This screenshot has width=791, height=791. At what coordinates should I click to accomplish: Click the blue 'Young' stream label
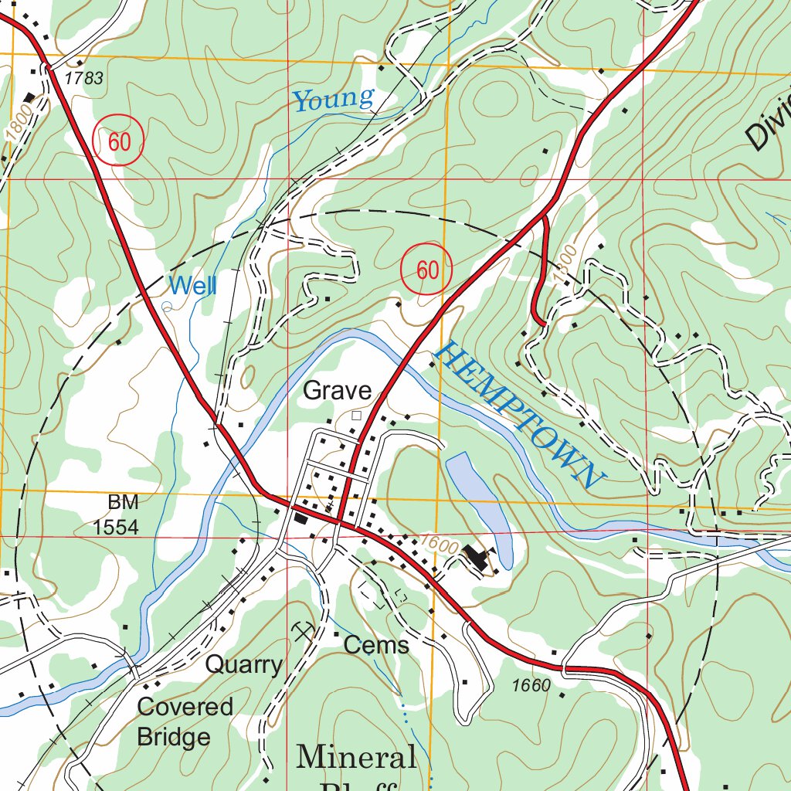pyautogui.click(x=334, y=99)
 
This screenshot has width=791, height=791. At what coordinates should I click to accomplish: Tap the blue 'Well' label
pyautogui.click(x=192, y=286)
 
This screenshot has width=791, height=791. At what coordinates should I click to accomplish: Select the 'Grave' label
pyautogui.click(x=337, y=391)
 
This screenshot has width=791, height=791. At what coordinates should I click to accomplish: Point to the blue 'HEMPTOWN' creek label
pyautogui.click(x=518, y=416)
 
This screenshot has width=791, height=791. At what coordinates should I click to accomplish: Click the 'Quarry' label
pyautogui.click(x=243, y=664)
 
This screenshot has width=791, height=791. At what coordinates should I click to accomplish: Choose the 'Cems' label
pyautogui.click(x=376, y=645)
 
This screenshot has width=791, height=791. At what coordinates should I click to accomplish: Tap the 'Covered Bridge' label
pyautogui.click(x=184, y=721)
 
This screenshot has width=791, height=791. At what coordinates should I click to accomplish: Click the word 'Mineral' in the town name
pyautogui.click(x=356, y=757)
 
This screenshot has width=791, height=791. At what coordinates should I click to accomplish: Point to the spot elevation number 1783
pyautogui.click(x=84, y=78)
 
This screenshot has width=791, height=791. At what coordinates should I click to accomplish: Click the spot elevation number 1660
pyautogui.click(x=531, y=685)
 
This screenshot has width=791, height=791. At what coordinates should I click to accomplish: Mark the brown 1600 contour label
pyautogui.click(x=440, y=544)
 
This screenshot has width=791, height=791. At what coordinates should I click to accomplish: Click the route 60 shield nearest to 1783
pyautogui.click(x=118, y=141)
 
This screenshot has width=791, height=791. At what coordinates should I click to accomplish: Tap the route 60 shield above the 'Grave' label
pyautogui.click(x=426, y=270)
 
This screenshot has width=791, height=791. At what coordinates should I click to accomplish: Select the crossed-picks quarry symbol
pyautogui.click(x=304, y=632)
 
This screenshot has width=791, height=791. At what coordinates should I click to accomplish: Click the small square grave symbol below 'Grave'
pyautogui.click(x=356, y=416)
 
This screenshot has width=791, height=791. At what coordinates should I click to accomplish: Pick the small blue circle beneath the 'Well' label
pyautogui.click(x=166, y=306)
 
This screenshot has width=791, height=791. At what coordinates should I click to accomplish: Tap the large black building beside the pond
pyautogui.click(x=477, y=557)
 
